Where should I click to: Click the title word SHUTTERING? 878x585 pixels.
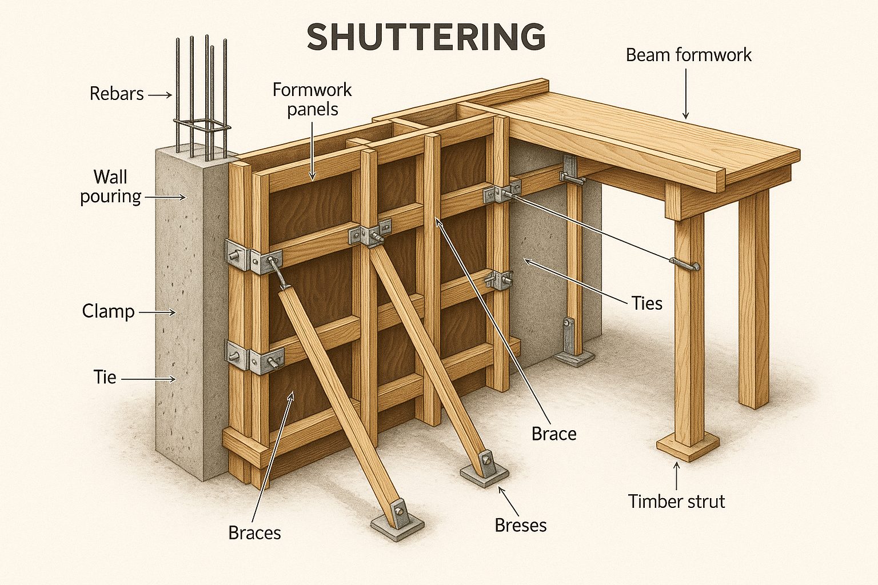(426, 37)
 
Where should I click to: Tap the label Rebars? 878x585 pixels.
(117, 94)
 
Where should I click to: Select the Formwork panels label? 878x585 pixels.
(312, 99)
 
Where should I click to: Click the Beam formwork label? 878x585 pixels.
(688, 55)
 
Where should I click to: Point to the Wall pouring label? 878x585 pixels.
(110, 186)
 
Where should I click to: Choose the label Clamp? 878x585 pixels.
(108, 311)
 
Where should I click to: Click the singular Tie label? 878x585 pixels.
(105, 377)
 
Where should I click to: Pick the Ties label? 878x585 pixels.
(646, 303)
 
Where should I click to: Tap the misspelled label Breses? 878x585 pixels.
(520, 525)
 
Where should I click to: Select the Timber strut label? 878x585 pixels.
(676, 502)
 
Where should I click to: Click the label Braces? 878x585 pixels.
(254, 532)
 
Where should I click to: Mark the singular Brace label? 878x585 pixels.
(553, 434)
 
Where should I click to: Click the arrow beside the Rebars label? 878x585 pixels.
(160, 95)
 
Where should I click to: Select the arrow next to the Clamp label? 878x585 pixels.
(157, 312)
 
